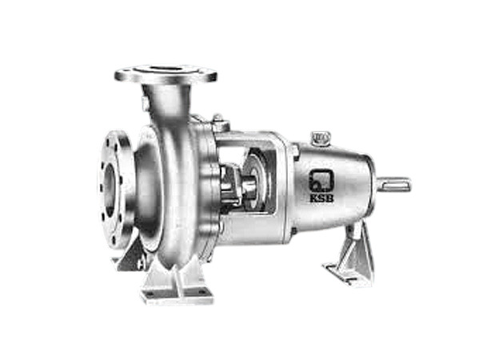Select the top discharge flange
coord(166,75)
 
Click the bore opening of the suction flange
coord(110,190)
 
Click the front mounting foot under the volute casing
coord(177,280)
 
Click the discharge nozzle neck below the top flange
coord(170,104)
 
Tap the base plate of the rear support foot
coord(349,272)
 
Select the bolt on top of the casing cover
coord(218,122)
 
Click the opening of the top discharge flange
coord(166,70)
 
